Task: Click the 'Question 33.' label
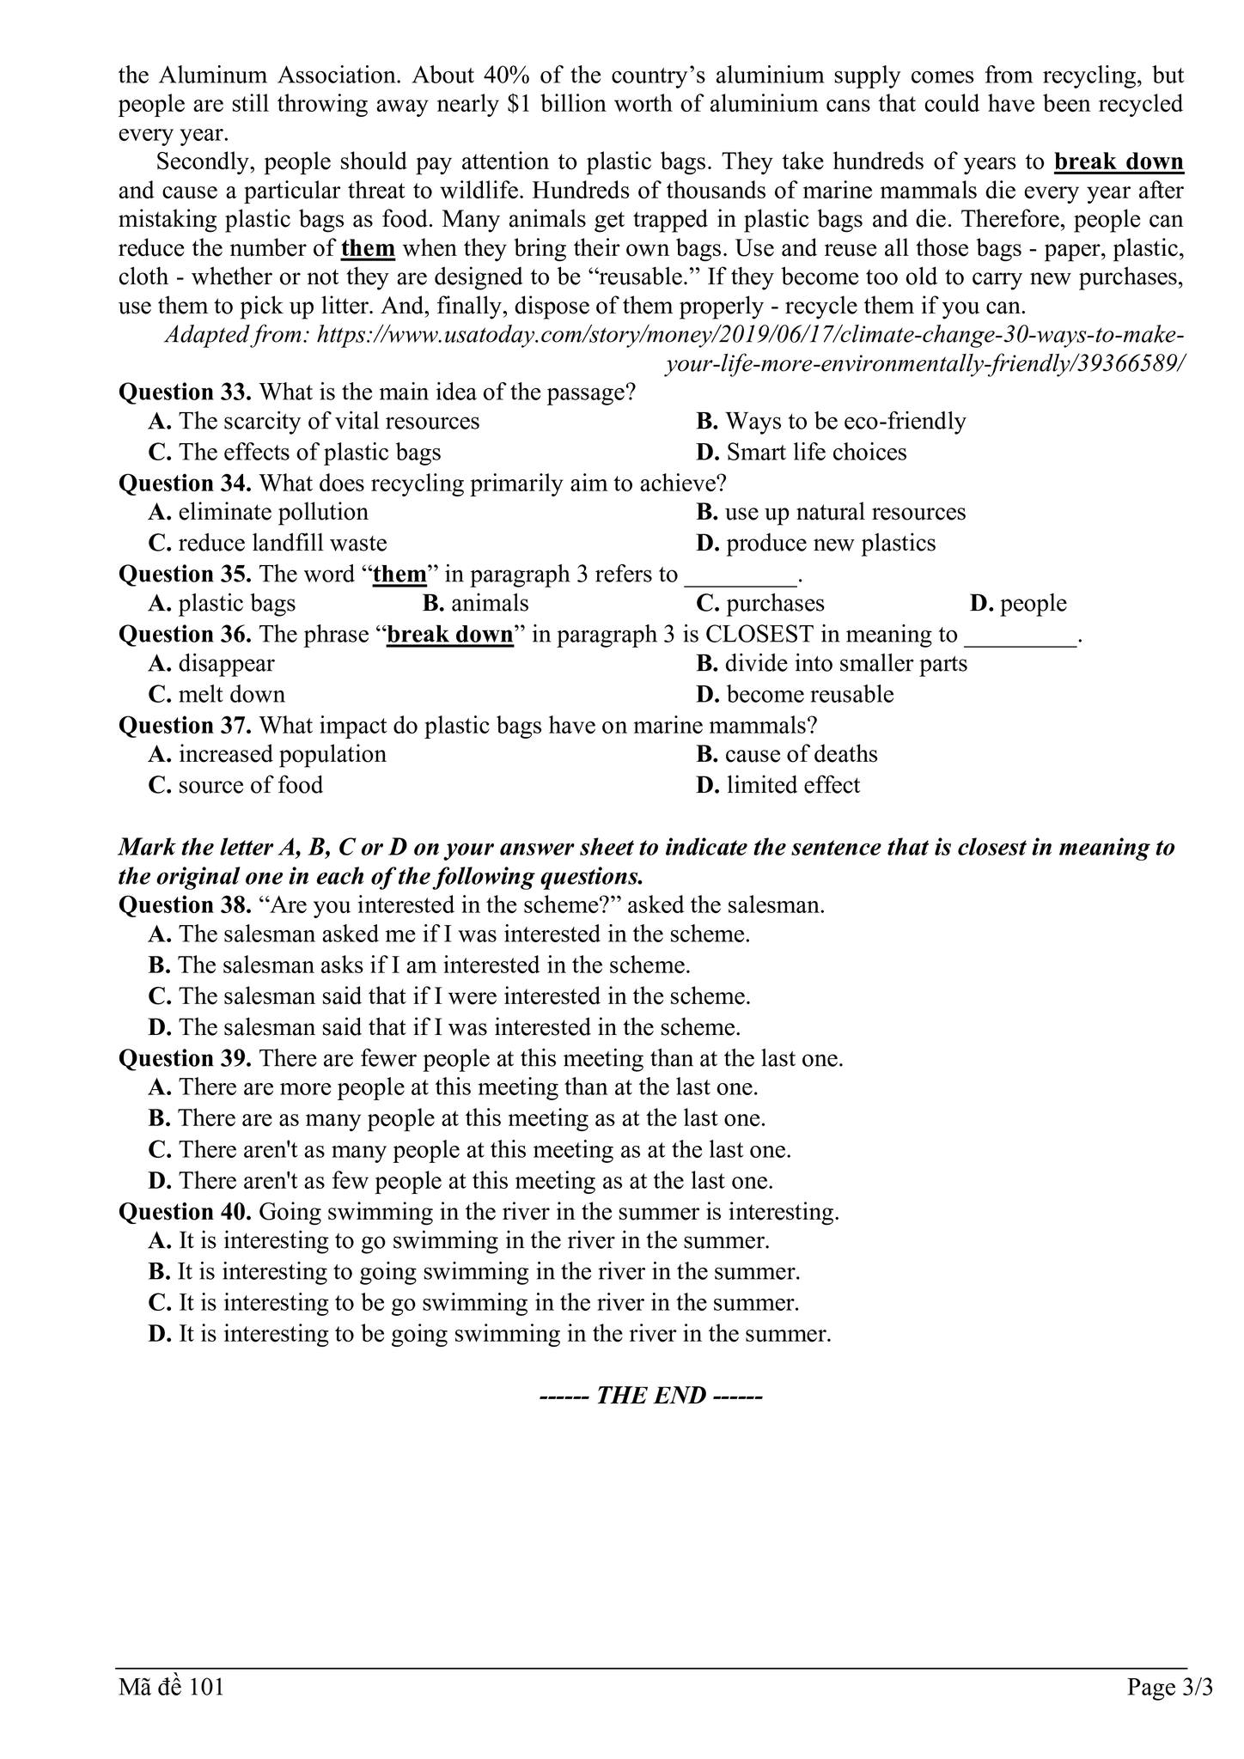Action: tap(185, 393)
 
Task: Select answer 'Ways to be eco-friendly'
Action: tap(845, 422)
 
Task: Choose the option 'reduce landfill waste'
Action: tap(282, 544)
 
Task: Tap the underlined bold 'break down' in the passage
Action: tap(1119, 161)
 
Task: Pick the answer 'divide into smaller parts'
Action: tap(845, 664)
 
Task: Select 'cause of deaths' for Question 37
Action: tap(801, 755)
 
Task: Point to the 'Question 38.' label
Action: tap(185, 905)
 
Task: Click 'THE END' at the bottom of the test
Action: tap(651, 1396)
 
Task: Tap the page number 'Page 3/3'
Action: tap(1169, 1689)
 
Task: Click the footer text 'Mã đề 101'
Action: tap(171, 1689)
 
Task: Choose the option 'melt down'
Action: tap(231, 695)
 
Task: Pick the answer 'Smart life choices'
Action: tap(815, 453)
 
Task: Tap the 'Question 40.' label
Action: tap(185, 1212)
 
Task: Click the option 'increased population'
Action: tap(282, 755)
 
